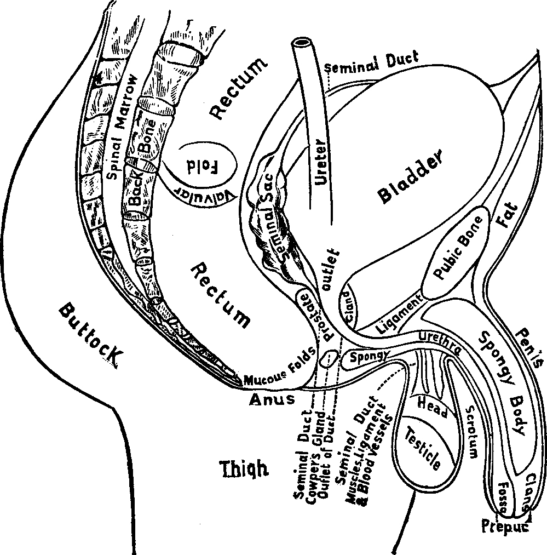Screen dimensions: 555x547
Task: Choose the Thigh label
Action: tap(243, 469)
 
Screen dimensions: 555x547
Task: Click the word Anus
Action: tap(272, 399)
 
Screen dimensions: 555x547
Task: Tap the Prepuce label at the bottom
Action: tap(505, 527)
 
